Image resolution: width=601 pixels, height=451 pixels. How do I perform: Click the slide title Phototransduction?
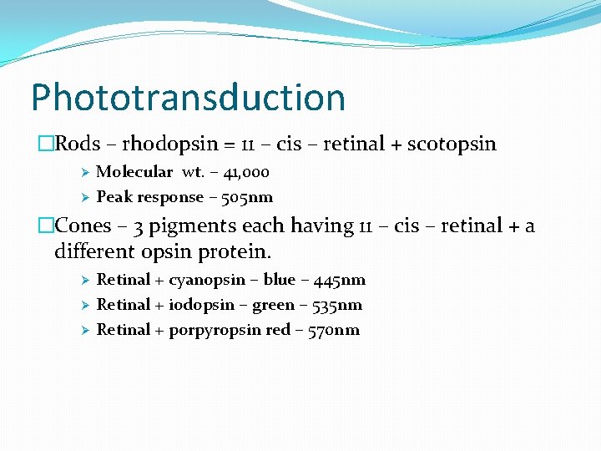point(188,97)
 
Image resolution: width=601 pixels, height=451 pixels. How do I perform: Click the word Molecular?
point(134,172)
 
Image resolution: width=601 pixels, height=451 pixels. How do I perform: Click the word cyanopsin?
point(207,280)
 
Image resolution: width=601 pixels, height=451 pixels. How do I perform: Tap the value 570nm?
point(332,330)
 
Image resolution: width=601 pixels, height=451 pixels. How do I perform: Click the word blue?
point(279,280)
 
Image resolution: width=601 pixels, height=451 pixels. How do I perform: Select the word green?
point(273,305)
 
